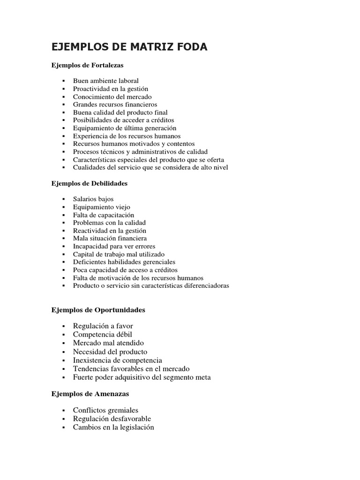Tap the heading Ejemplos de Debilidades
click(89, 183)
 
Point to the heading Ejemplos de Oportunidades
click(98, 310)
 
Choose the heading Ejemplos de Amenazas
click(90, 394)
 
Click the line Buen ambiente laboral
click(105, 81)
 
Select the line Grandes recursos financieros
click(115, 105)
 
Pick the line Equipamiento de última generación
click(124, 128)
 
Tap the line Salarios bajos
click(93, 199)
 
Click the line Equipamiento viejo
click(101, 207)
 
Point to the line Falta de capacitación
click(104, 215)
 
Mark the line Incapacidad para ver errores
click(114, 246)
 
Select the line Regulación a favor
click(106, 326)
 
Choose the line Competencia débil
click(102, 334)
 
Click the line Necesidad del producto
click(110, 352)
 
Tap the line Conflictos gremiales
click(105, 410)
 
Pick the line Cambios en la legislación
click(113, 427)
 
